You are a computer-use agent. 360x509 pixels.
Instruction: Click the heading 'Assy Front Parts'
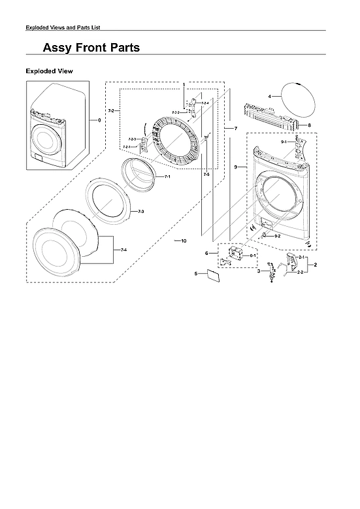pos(91,48)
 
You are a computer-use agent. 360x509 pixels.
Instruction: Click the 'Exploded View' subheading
pos(49,71)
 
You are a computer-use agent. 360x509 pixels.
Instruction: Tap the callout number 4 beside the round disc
pos(269,97)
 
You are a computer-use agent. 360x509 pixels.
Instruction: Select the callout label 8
pos(309,125)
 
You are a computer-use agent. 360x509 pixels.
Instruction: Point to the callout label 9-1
pos(284,142)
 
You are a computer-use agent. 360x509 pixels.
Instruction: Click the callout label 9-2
pos(278,235)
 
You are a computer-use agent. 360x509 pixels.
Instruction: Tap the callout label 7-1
pos(167,177)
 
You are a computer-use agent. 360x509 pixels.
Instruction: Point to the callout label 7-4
pos(124,250)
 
